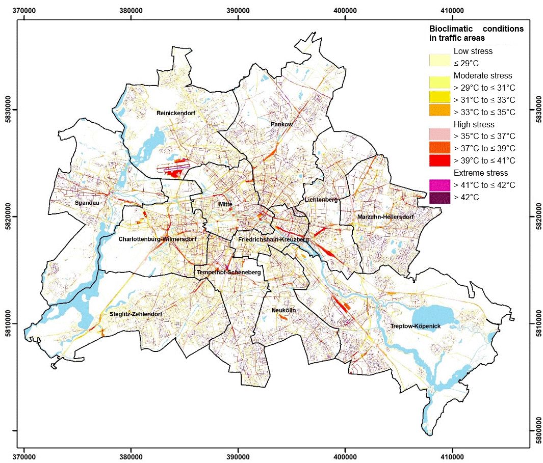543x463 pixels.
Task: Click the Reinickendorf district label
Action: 176,113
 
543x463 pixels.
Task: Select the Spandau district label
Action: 87,203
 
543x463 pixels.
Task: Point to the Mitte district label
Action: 225,204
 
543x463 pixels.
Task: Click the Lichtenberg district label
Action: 321,200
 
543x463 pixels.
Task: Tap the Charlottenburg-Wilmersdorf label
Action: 157,239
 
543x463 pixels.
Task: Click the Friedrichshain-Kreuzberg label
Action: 274,239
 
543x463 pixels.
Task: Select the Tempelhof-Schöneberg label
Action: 229,273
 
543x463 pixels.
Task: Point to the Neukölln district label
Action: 283,310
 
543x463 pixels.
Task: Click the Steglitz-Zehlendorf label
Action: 136,314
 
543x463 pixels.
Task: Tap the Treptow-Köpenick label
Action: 415,326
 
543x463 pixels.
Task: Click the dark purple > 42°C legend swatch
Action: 439,197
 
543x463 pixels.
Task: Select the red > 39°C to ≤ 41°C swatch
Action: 439,160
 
